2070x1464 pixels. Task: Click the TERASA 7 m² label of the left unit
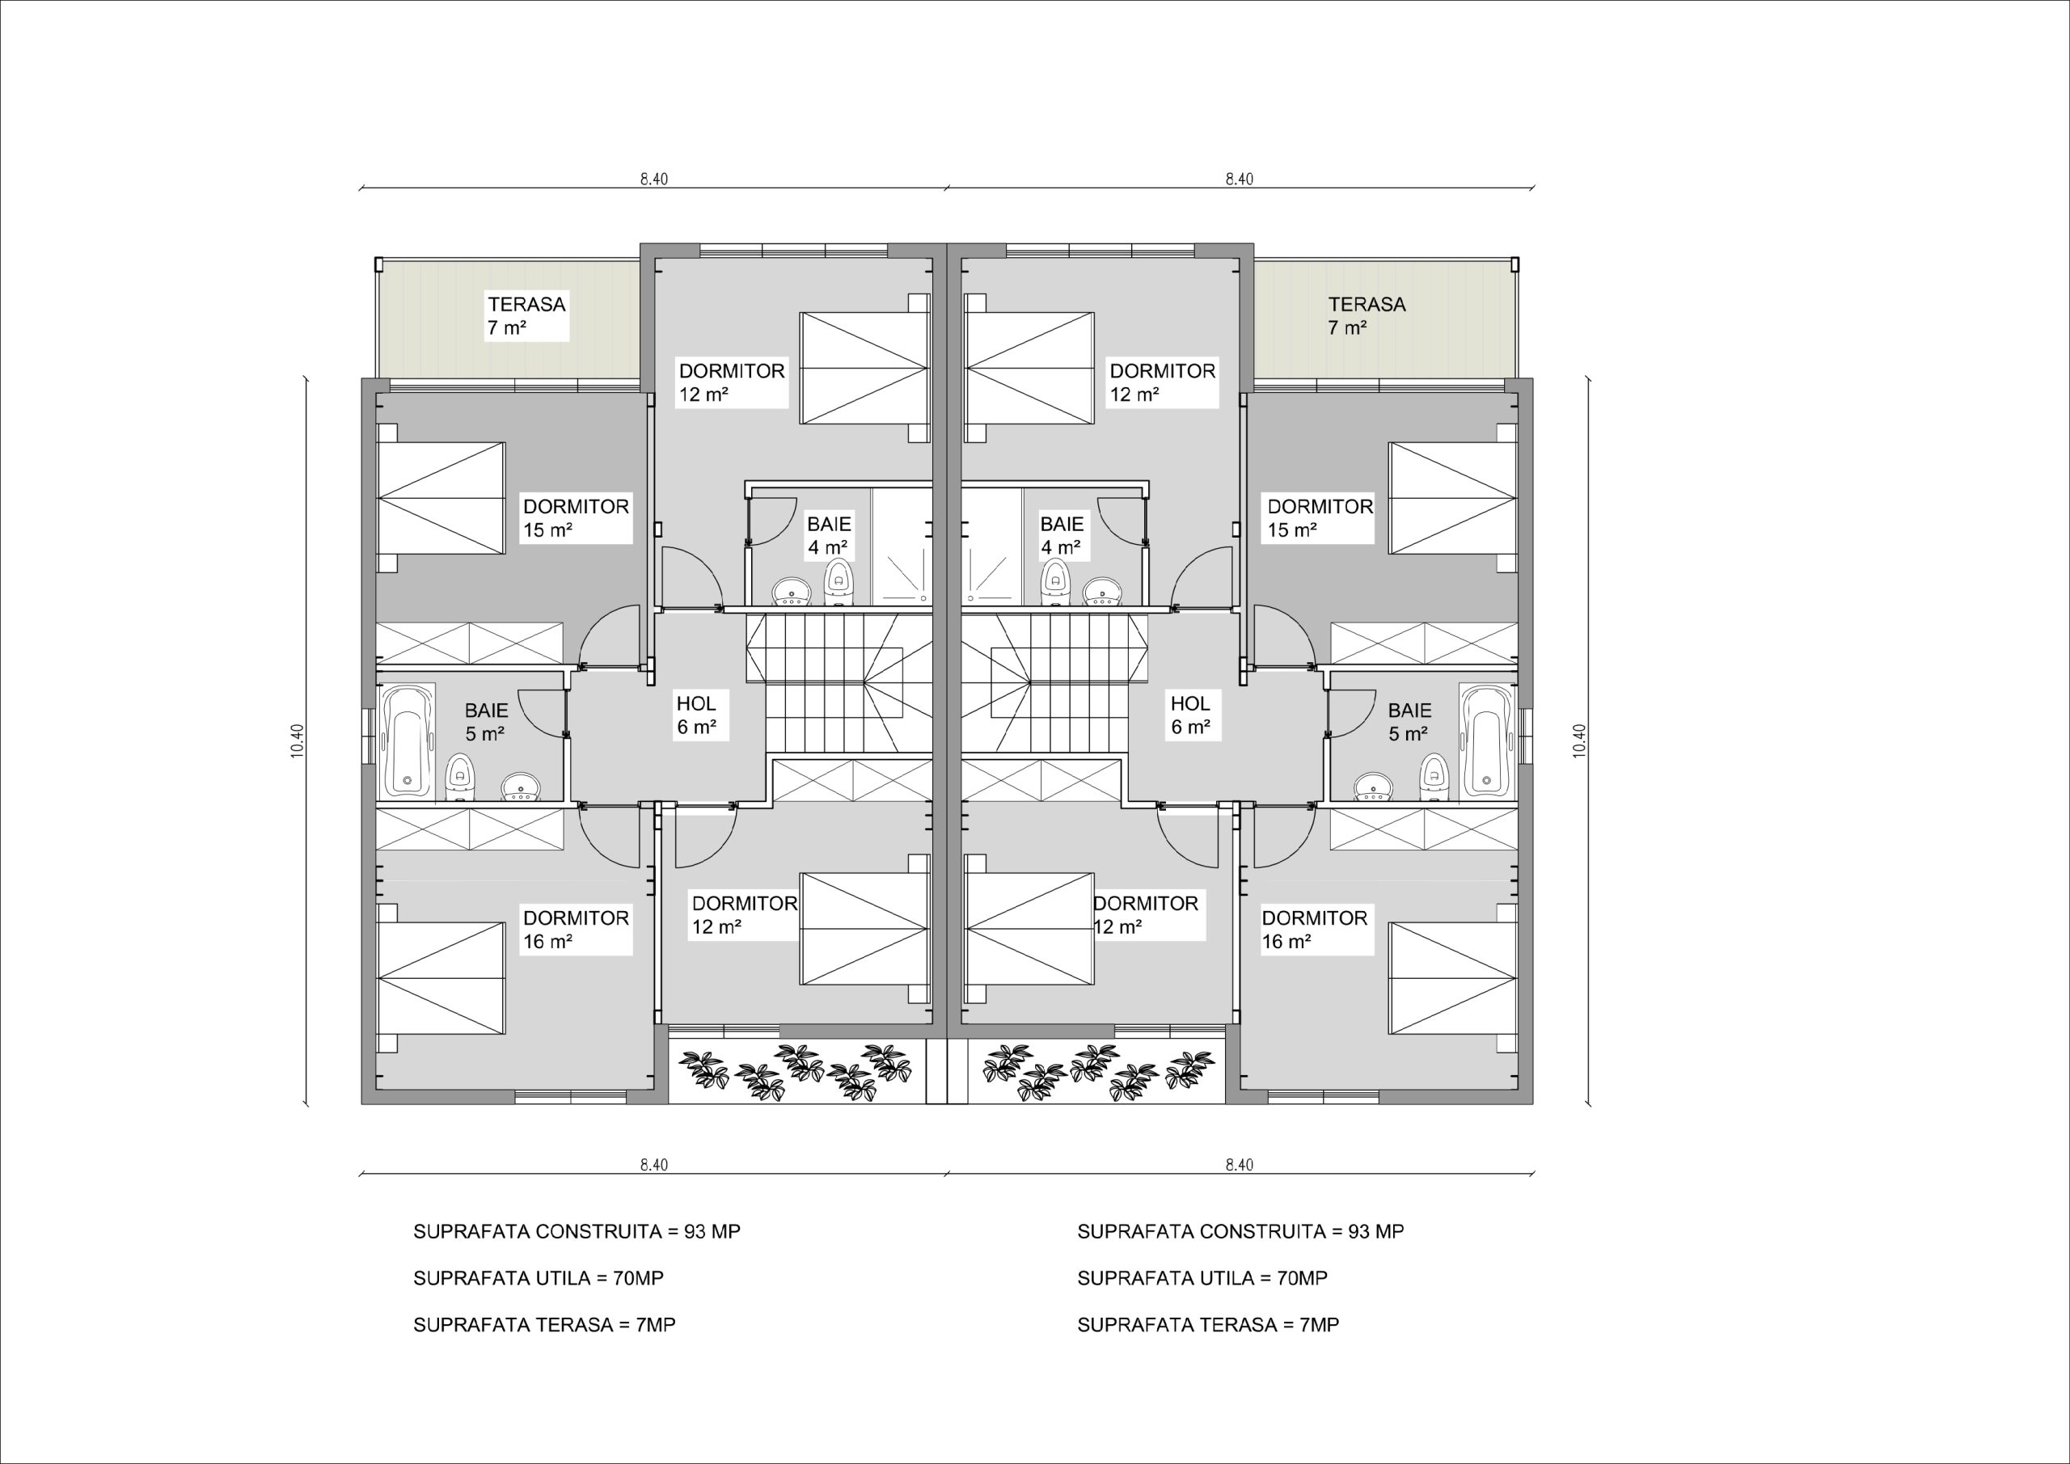(527, 315)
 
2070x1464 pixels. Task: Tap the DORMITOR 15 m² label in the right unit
(1320, 518)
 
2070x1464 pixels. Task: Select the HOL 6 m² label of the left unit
(697, 715)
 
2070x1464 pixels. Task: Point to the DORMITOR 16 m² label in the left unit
(576, 930)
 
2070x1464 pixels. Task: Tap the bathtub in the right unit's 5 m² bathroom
(1489, 741)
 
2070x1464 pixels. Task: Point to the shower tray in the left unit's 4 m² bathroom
(902, 546)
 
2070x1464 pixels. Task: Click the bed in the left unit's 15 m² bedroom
(440, 498)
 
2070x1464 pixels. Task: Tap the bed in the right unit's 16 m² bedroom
(1453, 978)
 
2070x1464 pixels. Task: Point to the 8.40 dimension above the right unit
(1239, 179)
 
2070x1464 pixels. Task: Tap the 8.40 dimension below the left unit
(653, 1164)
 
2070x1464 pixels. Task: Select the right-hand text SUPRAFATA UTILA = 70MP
(1202, 1277)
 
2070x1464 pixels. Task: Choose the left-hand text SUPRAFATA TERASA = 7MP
(544, 1324)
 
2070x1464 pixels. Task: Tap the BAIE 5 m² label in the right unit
(1409, 722)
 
